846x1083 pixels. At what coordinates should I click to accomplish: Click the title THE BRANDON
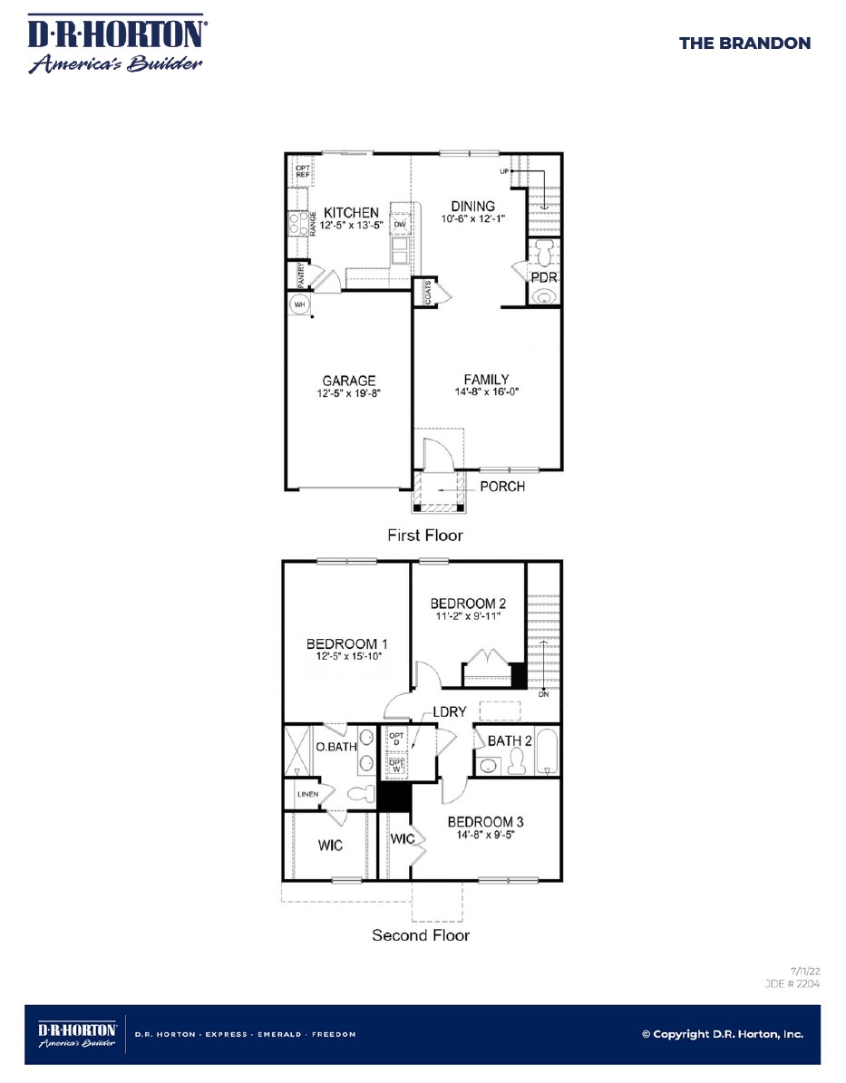[x=744, y=43]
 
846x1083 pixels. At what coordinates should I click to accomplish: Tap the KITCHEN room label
[x=351, y=213]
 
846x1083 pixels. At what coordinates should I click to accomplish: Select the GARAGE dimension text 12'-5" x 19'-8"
[x=349, y=393]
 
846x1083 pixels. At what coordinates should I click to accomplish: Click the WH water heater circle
[x=299, y=304]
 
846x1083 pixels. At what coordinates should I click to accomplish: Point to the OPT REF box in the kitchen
[x=303, y=171]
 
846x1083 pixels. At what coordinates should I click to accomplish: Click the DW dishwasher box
[x=400, y=225]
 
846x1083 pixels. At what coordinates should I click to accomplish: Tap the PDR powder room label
[x=544, y=277]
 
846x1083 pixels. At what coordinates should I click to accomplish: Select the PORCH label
[x=502, y=487]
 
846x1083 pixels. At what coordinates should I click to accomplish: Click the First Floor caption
[x=425, y=536]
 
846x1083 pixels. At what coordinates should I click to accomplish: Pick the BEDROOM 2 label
[x=468, y=604]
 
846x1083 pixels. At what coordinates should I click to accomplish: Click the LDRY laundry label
[x=449, y=711]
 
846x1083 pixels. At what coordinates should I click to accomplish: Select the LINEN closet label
[x=308, y=794]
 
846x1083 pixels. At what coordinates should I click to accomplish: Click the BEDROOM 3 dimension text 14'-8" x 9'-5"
[x=485, y=835]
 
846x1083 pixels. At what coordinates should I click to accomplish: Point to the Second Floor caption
[x=421, y=935]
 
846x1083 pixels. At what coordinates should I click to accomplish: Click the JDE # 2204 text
[x=793, y=983]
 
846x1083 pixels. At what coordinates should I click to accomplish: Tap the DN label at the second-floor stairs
[x=543, y=694]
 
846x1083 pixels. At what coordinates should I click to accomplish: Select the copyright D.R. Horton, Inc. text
[x=723, y=1034]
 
